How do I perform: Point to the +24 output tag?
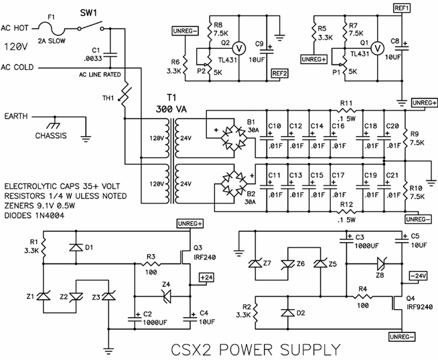click(206, 277)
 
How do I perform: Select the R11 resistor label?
click(346, 104)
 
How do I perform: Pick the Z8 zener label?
click(380, 274)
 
